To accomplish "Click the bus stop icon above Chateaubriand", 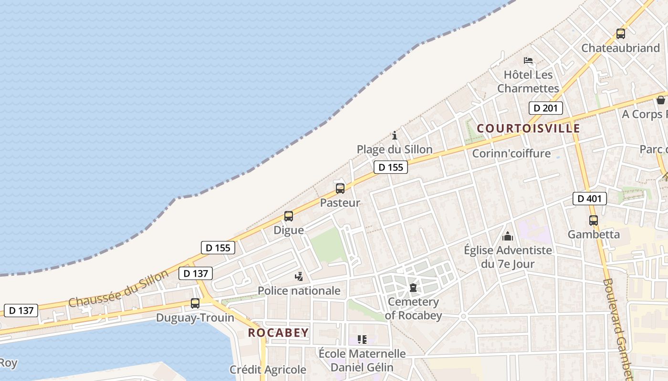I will [x=620, y=34].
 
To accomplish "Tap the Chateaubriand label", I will [x=620, y=48].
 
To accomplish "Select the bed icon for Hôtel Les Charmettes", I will [x=528, y=60].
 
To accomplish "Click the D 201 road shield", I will [x=546, y=108].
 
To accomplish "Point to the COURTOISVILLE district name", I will [x=528, y=128].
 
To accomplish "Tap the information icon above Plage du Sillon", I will [x=394, y=136].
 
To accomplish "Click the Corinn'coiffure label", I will [x=511, y=153].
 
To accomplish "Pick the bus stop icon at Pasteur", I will [x=340, y=188].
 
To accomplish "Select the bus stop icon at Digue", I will [x=289, y=216].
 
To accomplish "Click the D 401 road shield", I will [x=589, y=199].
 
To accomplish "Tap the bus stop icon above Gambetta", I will [x=594, y=221].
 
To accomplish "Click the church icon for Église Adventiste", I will [x=508, y=236].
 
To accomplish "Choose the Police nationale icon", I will [x=299, y=276].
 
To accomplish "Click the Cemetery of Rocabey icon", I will [x=413, y=288].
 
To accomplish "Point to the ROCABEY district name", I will [x=278, y=332].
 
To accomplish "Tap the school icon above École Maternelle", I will [x=362, y=340].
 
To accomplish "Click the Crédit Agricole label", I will [x=268, y=370].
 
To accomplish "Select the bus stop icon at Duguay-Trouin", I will [x=195, y=303].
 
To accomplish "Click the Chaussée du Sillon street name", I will [x=118, y=289].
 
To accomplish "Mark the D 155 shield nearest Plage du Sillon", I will [x=390, y=167].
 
